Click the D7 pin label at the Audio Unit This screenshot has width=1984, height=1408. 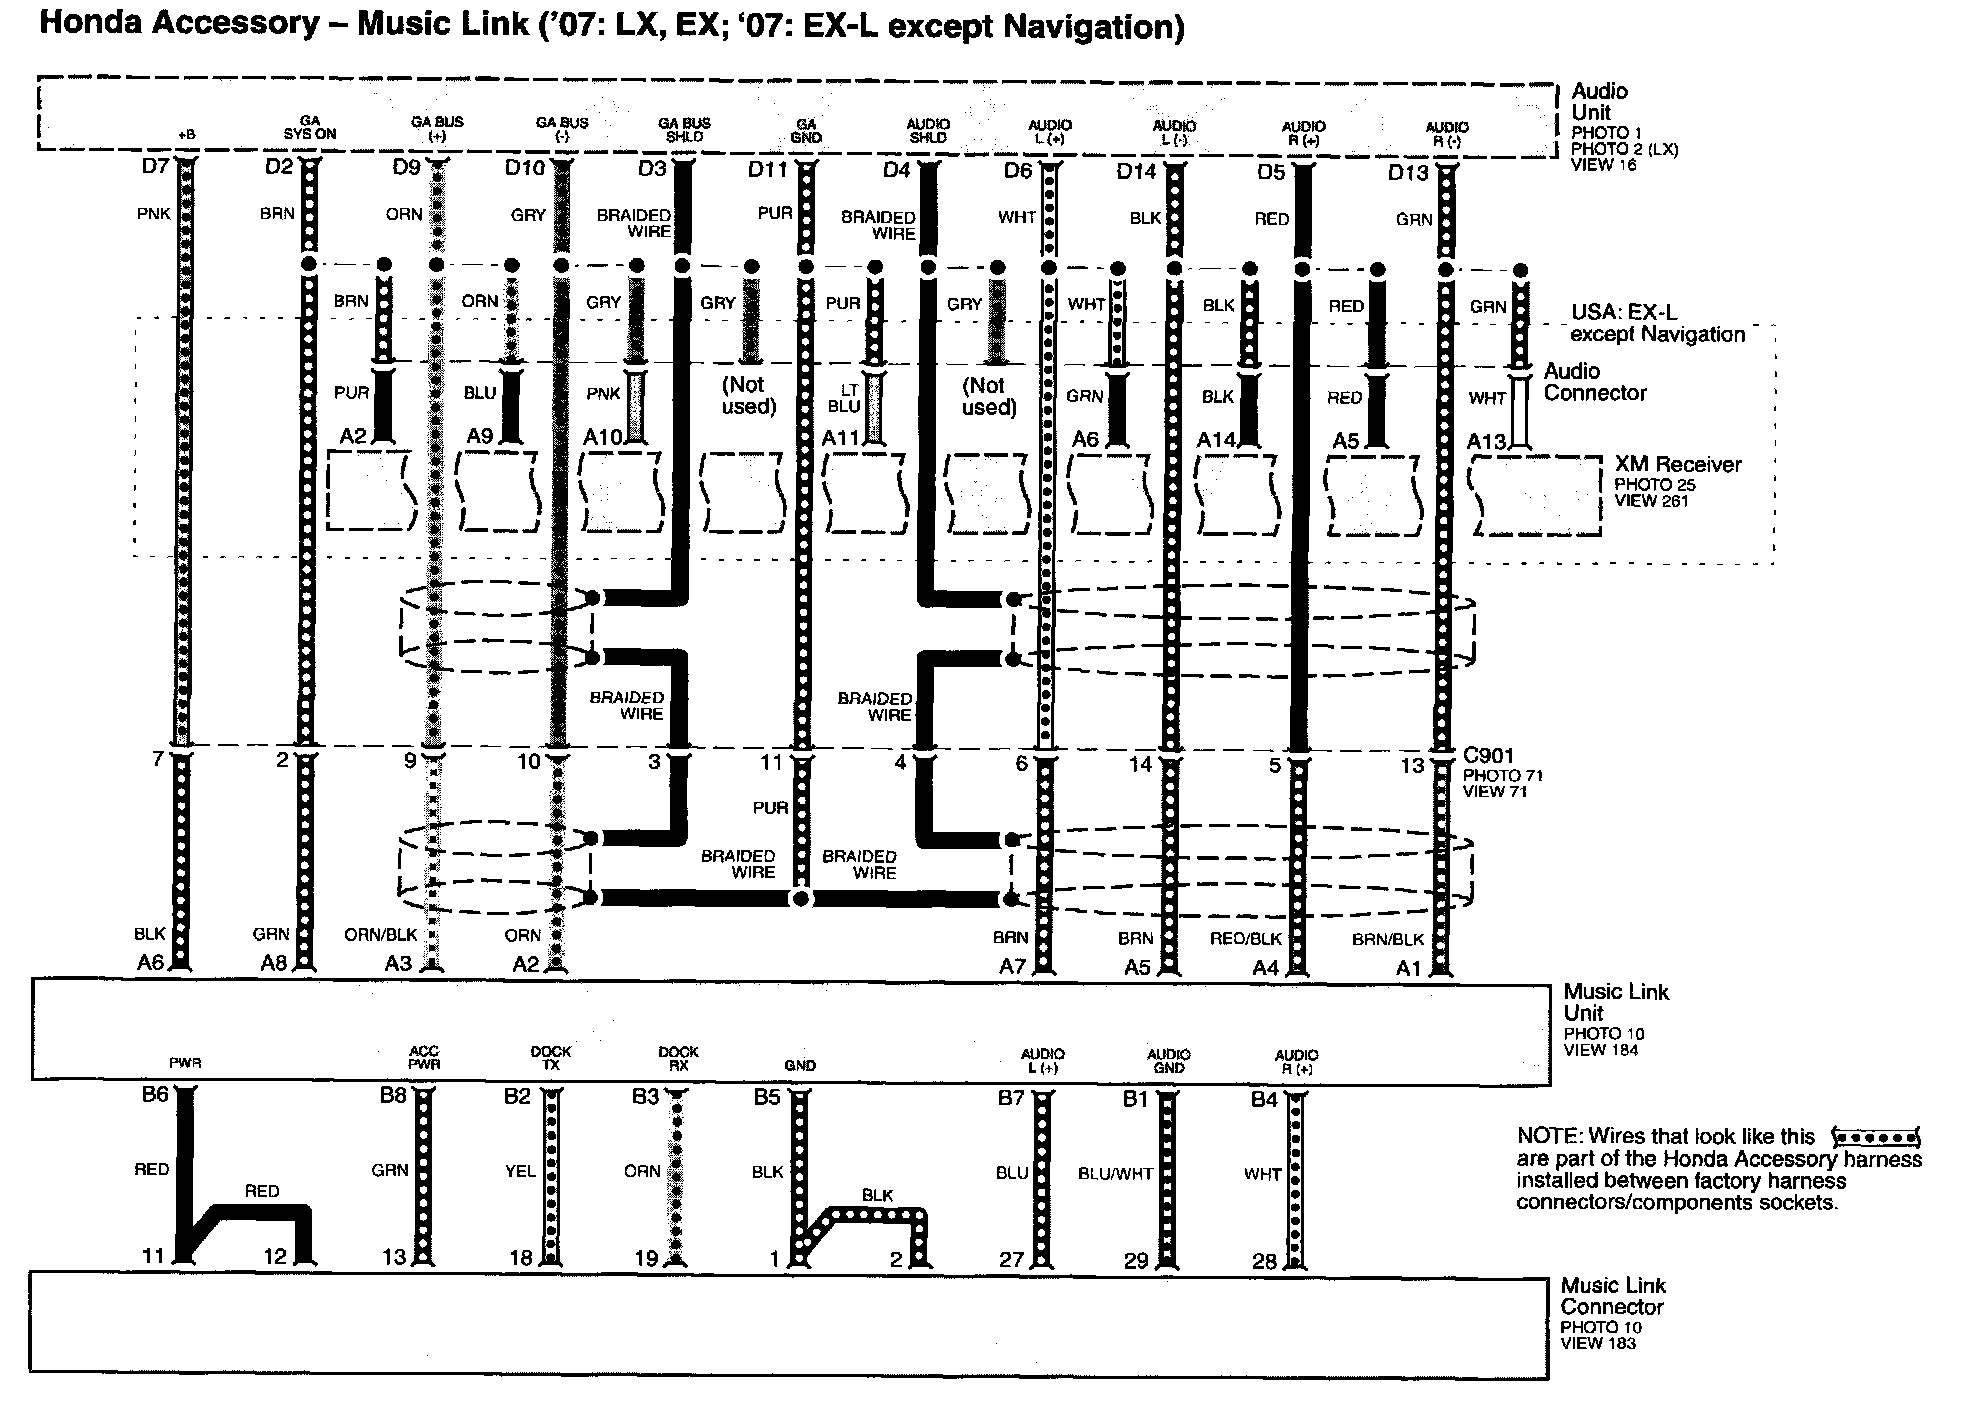click(x=154, y=166)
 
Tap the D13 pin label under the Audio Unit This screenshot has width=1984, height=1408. click(x=1408, y=174)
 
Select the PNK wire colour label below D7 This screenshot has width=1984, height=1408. click(x=154, y=213)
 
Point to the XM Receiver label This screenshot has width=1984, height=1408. click(x=1677, y=465)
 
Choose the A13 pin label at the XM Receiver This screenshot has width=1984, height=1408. click(x=1487, y=441)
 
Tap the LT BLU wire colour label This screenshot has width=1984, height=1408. click(x=844, y=398)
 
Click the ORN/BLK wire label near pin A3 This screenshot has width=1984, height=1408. click(x=380, y=936)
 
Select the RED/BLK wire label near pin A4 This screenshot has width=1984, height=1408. click(x=1245, y=939)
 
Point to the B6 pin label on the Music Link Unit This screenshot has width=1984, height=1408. click(x=155, y=1095)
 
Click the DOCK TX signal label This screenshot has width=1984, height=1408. click(x=550, y=1058)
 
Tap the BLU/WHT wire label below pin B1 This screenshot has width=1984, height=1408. click(x=1115, y=1174)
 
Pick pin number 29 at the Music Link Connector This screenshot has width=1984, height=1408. click(x=1136, y=1261)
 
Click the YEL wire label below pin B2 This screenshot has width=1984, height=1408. click(x=520, y=1170)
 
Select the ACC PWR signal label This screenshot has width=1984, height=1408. click(x=424, y=1058)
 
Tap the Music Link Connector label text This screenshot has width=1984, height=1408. click(x=1613, y=1296)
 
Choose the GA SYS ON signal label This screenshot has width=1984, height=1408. click(x=310, y=127)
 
